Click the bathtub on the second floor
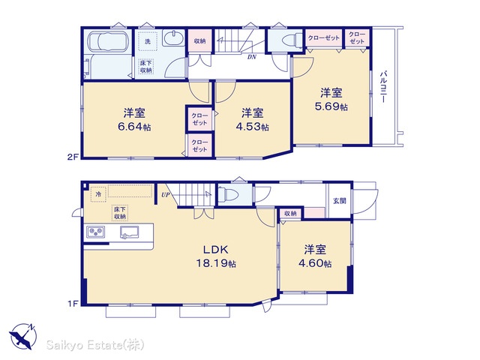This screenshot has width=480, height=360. [x=107, y=42]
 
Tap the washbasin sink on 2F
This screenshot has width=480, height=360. [x=173, y=38]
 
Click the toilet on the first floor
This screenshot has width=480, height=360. [x=230, y=194]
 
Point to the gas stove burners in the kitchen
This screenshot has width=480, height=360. [x=95, y=232]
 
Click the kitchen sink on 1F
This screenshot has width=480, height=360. [x=130, y=232]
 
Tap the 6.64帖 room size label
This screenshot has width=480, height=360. [x=134, y=127]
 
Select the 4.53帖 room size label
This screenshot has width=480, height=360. [x=252, y=127]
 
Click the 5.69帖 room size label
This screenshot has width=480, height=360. [x=331, y=106]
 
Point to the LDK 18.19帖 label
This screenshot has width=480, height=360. [x=216, y=256]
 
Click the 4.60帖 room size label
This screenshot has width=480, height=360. [x=315, y=263]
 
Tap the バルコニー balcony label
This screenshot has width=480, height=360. [x=383, y=87]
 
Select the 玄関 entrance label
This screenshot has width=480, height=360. [x=340, y=201]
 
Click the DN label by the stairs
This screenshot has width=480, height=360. [x=252, y=57]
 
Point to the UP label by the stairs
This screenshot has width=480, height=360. [x=165, y=195]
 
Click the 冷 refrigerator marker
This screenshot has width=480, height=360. [x=98, y=194]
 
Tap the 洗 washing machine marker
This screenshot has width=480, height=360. [x=148, y=41]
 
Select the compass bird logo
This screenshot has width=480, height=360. [x=23, y=337]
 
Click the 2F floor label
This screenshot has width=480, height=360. [x=73, y=157]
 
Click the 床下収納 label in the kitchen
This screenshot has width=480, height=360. [x=120, y=213]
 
